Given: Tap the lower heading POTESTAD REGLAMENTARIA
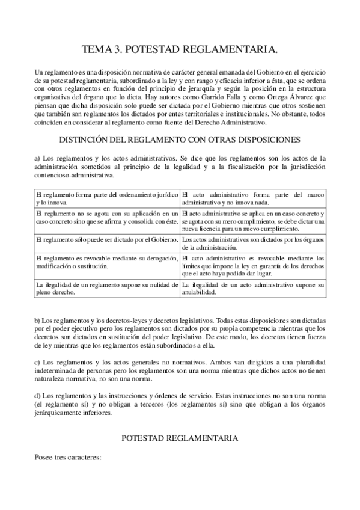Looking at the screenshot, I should coord(180,440).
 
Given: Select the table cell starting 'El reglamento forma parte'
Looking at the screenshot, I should coord(106,198).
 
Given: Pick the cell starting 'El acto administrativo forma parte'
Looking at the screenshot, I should coord(252,198).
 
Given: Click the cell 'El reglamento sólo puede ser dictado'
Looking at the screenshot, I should coord(106,240).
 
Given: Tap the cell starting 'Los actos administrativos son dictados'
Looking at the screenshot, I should coord(252,244).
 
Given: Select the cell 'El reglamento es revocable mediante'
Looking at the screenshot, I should coord(106,262).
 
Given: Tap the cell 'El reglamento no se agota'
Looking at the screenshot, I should coord(106,217).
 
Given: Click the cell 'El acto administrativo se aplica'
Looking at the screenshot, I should coord(252,221).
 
